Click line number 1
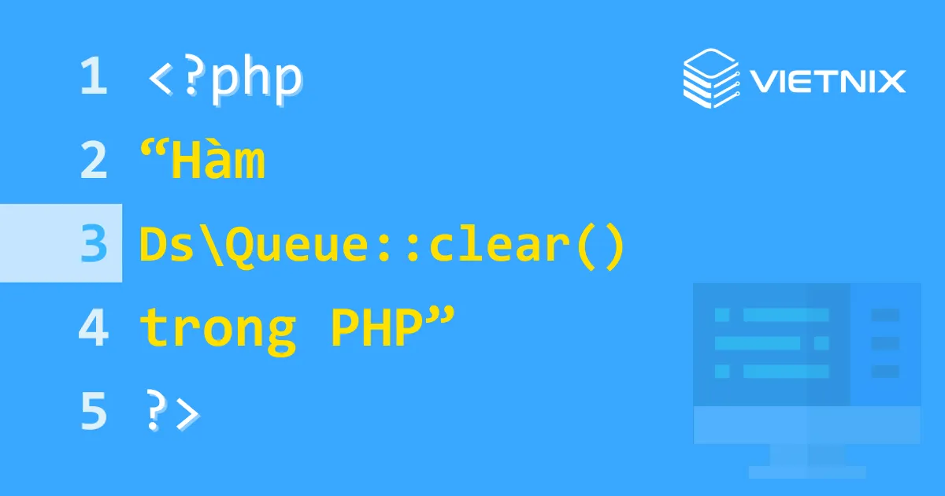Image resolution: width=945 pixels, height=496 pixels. pos(93,78)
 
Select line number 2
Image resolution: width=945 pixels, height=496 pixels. pos(93,161)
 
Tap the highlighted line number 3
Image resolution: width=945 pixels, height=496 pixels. pos(93,243)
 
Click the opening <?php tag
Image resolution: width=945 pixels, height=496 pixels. pos(225,78)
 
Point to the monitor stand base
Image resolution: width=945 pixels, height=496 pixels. pos(807,472)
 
